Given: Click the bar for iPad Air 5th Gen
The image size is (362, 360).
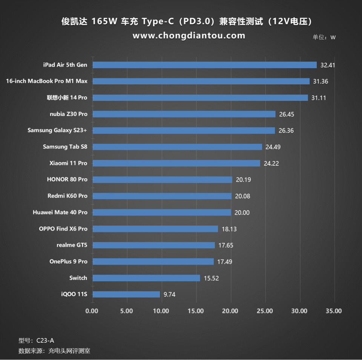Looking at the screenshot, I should [x=205, y=65].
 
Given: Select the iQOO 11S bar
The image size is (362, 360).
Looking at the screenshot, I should [x=126, y=294].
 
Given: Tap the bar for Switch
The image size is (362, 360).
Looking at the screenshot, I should [x=146, y=278].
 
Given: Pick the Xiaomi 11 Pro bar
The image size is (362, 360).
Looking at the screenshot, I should [x=176, y=163].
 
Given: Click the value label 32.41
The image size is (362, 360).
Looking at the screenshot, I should [x=328, y=65].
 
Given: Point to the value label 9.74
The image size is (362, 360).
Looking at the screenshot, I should [x=169, y=295].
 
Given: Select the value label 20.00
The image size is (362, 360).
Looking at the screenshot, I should [x=242, y=213].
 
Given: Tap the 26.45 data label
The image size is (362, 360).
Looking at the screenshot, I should [x=287, y=114].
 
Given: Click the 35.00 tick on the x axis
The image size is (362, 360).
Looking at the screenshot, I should [x=334, y=311].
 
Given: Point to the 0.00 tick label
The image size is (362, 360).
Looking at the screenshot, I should [x=92, y=311].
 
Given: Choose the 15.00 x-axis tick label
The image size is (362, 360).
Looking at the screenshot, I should [x=196, y=311].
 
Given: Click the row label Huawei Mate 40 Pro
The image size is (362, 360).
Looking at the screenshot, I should [x=60, y=212].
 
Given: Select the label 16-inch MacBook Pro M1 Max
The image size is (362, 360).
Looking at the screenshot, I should [x=46, y=81].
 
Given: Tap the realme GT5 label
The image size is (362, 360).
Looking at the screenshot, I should [x=72, y=245].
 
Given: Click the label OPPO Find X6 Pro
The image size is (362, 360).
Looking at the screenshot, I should [x=63, y=229].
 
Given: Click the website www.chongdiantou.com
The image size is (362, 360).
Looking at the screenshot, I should [x=189, y=36].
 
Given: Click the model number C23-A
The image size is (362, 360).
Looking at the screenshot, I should [x=45, y=340].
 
